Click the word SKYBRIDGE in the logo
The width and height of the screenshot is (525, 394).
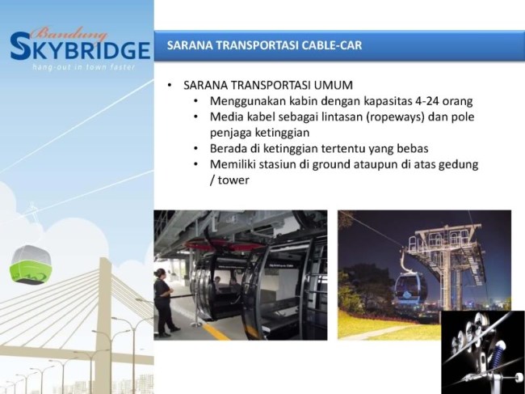click(x=81, y=49)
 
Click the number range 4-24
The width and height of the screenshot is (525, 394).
click(x=413, y=101)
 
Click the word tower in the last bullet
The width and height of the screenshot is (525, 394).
click(x=233, y=180)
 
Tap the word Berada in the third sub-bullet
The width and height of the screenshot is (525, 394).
click(x=229, y=149)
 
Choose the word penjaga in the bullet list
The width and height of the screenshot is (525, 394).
click(x=233, y=133)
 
